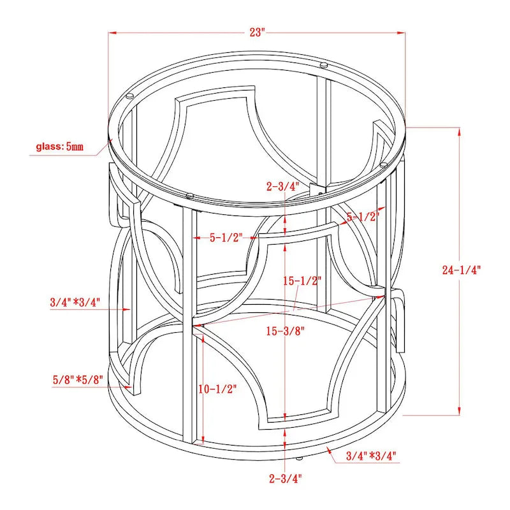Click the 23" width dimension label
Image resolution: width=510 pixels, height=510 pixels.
point(258,33)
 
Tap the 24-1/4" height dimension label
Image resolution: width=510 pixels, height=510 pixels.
point(461,270)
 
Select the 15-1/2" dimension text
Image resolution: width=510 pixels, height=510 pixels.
point(302,280)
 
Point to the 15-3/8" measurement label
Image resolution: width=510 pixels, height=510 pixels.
point(285,331)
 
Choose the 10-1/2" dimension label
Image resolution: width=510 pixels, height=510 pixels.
point(217,389)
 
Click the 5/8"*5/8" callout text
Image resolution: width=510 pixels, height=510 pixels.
point(78,379)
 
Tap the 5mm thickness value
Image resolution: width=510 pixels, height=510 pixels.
point(75,147)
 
